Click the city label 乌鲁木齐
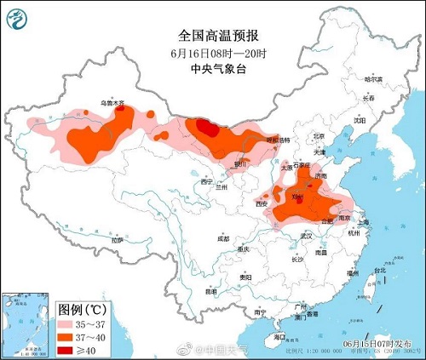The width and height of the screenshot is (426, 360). coord(112,103)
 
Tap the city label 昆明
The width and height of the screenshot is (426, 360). coord(211,292)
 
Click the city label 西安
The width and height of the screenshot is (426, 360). coord(262,204)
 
